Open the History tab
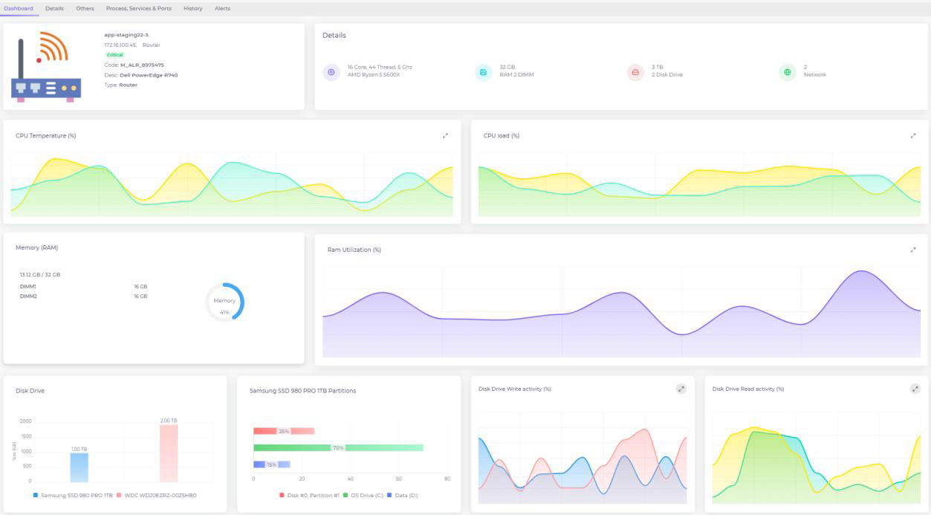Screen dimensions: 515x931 [192, 9]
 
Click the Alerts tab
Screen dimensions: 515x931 [222, 9]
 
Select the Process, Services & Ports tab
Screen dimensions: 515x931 [138, 9]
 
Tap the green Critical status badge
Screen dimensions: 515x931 [115, 55]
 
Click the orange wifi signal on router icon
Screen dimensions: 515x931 [53, 47]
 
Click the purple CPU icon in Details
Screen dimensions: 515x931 [331, 72]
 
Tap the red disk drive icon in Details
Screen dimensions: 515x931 [635, 72]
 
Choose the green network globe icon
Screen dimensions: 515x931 [787, 72]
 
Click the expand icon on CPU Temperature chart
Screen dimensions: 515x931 [445, 136]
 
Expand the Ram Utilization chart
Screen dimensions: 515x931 [912, 250]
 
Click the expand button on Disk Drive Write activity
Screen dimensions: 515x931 [681, 389]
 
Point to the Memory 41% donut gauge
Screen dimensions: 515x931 [224, 302]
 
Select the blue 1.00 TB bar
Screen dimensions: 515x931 [80, 467]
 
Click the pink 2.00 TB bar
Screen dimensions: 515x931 [169, 453]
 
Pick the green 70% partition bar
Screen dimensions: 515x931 [338, 448]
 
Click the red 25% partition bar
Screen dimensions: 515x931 [283, 431]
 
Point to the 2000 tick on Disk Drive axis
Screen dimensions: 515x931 [26, 421]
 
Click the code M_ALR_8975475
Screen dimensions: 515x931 [142, 65]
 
